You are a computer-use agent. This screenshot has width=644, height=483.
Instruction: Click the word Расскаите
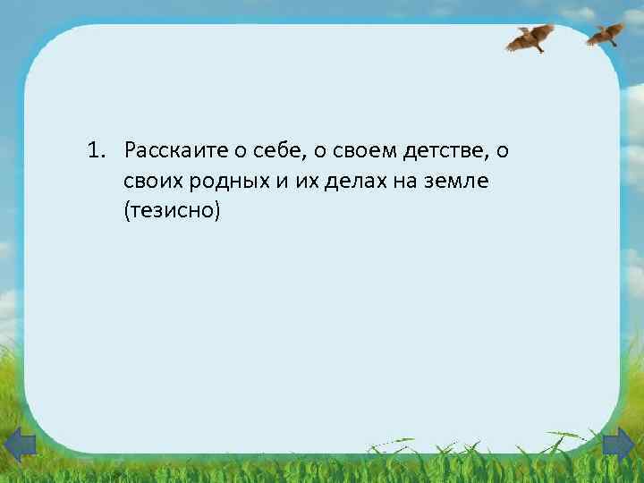[x=168, y=149]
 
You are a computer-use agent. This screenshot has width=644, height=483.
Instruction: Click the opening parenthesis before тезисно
[x=129, y=213]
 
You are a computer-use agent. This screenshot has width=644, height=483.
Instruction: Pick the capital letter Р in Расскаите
[x=131, y=149]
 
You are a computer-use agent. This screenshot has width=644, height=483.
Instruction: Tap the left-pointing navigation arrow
[x=19, y=445]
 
